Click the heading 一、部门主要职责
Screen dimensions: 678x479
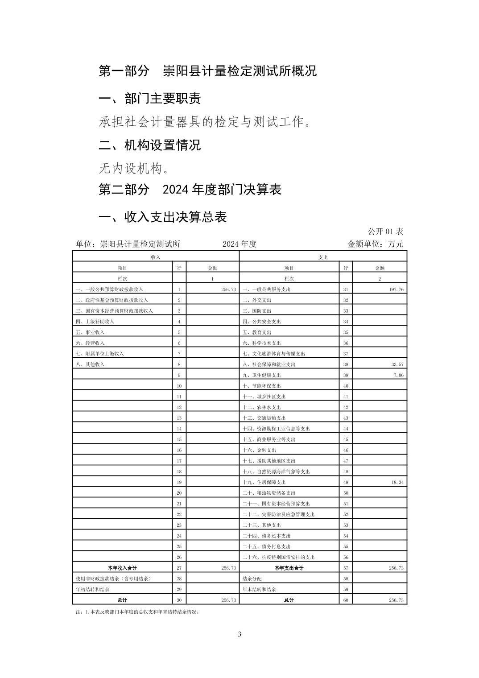[x=149, y=99]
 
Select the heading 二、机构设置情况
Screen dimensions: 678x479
[x=149, y=145]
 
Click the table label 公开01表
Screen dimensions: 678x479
[x=385, y=232]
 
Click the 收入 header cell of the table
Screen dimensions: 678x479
[x=156, y=257]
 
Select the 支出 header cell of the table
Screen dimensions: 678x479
[x=323, y=257]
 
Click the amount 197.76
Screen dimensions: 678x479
[x=396, y=289]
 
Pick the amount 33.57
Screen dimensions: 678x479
[x=397, y=364]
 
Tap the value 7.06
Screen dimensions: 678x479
[x=398, y=375]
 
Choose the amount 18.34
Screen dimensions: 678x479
[x=397, y=482]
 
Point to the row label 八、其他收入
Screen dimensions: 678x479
[x=90, y=364]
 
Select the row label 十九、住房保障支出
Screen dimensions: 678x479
[x=264, y=482]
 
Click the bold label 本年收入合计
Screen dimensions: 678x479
[x=122, y=568]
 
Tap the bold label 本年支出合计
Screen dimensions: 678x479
[x=289, y=568]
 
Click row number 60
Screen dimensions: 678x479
[x=346, y=600]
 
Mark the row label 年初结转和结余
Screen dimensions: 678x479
[x=93, y=589]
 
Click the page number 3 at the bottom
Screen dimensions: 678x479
[x=239, y=634]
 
